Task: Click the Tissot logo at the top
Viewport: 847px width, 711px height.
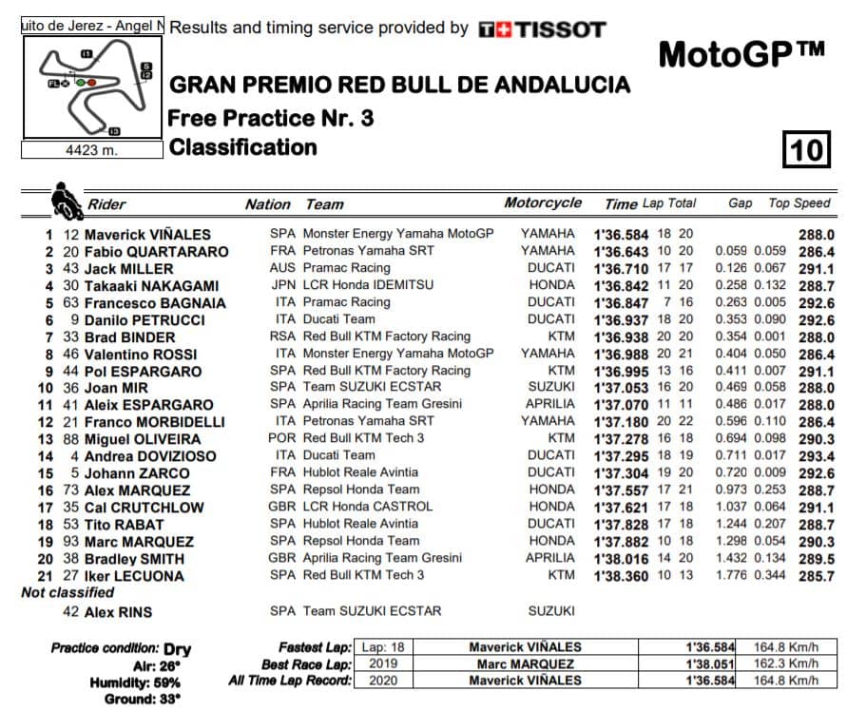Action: [x=542, y=29]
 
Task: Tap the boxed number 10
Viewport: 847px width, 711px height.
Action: [x=805, y=150]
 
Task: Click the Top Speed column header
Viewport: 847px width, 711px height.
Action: [x=799, y=203]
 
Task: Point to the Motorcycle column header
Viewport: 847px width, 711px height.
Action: [x=543, y=203]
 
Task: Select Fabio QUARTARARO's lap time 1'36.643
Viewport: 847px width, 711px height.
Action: [x=621, y=252]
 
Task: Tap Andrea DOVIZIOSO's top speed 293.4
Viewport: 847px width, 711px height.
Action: [x=817, y=456]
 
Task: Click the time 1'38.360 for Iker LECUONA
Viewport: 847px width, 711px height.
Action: [x=621, y=575]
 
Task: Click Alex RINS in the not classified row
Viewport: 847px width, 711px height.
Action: [x=118, y=611]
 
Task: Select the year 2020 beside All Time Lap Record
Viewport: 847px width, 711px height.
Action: [x=384, y=680]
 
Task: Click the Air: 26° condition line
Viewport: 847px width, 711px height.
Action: [x=157, y=665]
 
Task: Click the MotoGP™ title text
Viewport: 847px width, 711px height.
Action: [x=741, y=55]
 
